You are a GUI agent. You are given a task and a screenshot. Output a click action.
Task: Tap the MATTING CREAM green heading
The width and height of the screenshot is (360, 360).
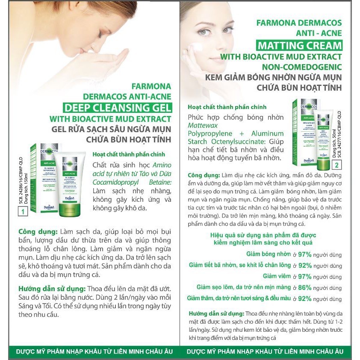point(299,45)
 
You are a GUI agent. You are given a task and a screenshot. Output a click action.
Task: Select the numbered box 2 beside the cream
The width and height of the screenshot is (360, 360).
point(337,164)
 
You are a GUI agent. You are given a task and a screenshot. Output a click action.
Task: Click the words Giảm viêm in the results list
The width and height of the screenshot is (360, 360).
point(277,276)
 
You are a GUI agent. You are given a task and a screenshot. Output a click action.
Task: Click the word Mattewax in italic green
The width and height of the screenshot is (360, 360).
point(203,125)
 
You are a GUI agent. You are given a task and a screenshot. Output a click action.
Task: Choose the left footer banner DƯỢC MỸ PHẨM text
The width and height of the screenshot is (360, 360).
point(94,351)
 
